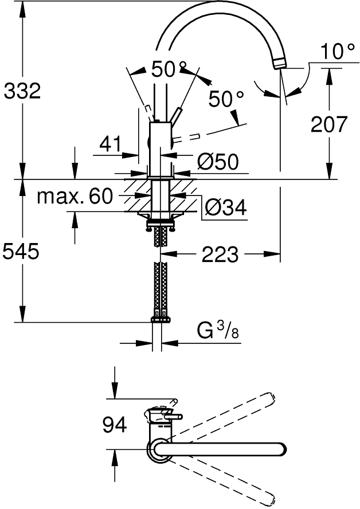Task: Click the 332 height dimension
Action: coord(22,91)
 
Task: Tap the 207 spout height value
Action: coord(329,124)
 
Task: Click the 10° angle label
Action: coord(338,52)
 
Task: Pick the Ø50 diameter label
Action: coord(218,162)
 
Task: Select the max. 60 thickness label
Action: coord(75,197)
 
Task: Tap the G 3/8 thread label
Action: coord(217,331)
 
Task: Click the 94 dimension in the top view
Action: coord(115,425)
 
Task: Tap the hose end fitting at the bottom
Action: coord(160,318)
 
